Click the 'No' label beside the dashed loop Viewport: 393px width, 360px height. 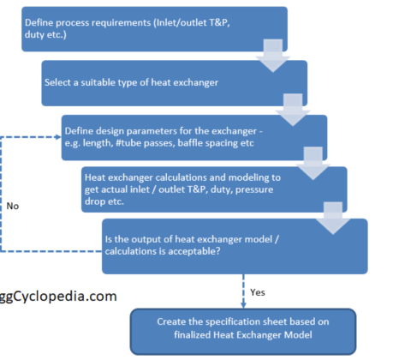(x=13, y=206)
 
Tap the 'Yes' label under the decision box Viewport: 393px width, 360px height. (x=258, y=292)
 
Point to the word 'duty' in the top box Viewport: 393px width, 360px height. (x=33, y=34)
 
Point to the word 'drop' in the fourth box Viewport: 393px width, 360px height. (x=93, y=201)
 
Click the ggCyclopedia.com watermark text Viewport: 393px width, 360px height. (x=58, y=297)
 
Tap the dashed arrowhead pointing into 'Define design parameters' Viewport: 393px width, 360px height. (x=58, y=137)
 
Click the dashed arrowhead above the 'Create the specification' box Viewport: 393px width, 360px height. (x=243, y=305)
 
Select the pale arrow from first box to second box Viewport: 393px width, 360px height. (x=273, y=56)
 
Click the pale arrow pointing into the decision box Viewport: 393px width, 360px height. (x=333, y=219)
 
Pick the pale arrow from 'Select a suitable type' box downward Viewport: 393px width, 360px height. (x=293, y=110)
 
